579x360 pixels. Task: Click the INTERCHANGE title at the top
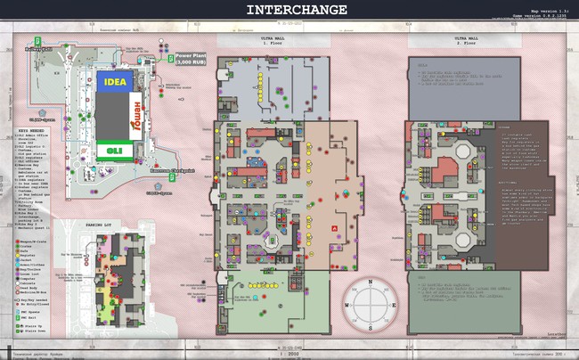coord(290,11)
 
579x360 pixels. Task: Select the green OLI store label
coord(115,150)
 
